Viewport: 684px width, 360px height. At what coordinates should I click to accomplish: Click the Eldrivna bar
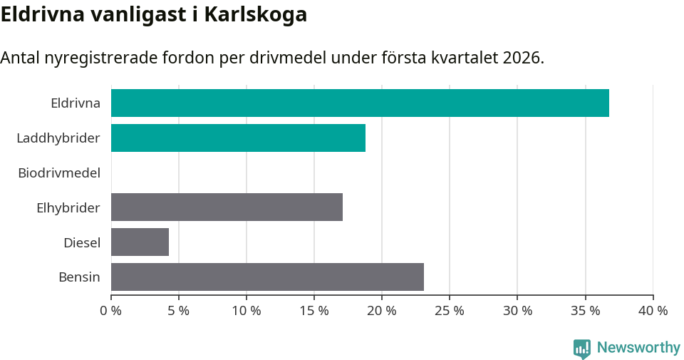pyautogui.click(x=360, y=103)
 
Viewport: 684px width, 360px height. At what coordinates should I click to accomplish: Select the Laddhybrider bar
pyautogui.click(x=238, y=138)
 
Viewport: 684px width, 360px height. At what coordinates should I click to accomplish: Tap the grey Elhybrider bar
pyautogui.click(x=227, y=207)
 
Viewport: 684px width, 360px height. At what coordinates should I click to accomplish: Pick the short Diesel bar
pyautogui.click(x=140, y=242)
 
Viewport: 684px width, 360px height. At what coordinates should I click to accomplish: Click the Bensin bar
pyautogui.click(x=267, y=277)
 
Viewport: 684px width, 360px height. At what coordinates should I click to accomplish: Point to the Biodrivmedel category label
pyautogui.click(x=59, y=173)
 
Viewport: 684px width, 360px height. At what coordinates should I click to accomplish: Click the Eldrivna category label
pyautogui.click(x=76, y=103)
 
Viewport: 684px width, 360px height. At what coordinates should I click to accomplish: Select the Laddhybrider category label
pyautogui.click(x=58, y=138)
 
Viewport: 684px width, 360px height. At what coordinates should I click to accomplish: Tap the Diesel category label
pyautogui.click(x=82, y=242)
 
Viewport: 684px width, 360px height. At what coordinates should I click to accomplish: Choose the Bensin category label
pyautogui.click(x=79, y=277)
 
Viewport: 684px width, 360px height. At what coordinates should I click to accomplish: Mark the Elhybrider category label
pyautogui.click(x=68, y=207)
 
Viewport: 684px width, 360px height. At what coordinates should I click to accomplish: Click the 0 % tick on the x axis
pyautogui.click(x=111, y=311)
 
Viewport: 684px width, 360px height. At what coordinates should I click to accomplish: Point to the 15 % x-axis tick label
pyautogui.click(x=314, y=311)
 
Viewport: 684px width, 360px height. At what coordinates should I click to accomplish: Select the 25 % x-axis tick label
pyautogui.click(x=450, y=311)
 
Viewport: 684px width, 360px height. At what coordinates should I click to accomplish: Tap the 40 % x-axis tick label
pyautogui.click(x=653, y=311)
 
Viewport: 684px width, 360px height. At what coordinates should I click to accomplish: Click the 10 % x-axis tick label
pyautogui.click(x=247, y=311)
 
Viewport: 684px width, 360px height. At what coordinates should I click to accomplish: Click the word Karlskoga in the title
pyautogui.click(x=255, y=14)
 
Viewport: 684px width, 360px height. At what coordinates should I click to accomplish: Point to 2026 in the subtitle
pyautogui.click(x=522, y=58)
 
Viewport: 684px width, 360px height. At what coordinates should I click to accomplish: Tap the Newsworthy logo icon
pyautogui.click(x=582, y=348)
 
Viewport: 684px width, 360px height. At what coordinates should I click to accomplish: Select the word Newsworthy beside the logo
pyautogui.click(x=638, y=348)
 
